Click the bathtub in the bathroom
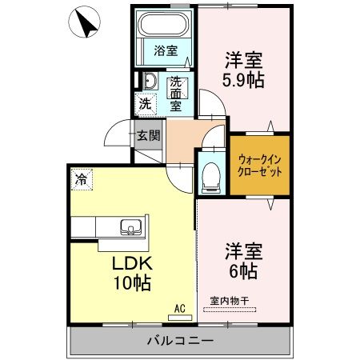164,29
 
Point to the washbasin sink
149,81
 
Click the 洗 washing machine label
145,102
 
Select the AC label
180,306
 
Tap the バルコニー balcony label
179,341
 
